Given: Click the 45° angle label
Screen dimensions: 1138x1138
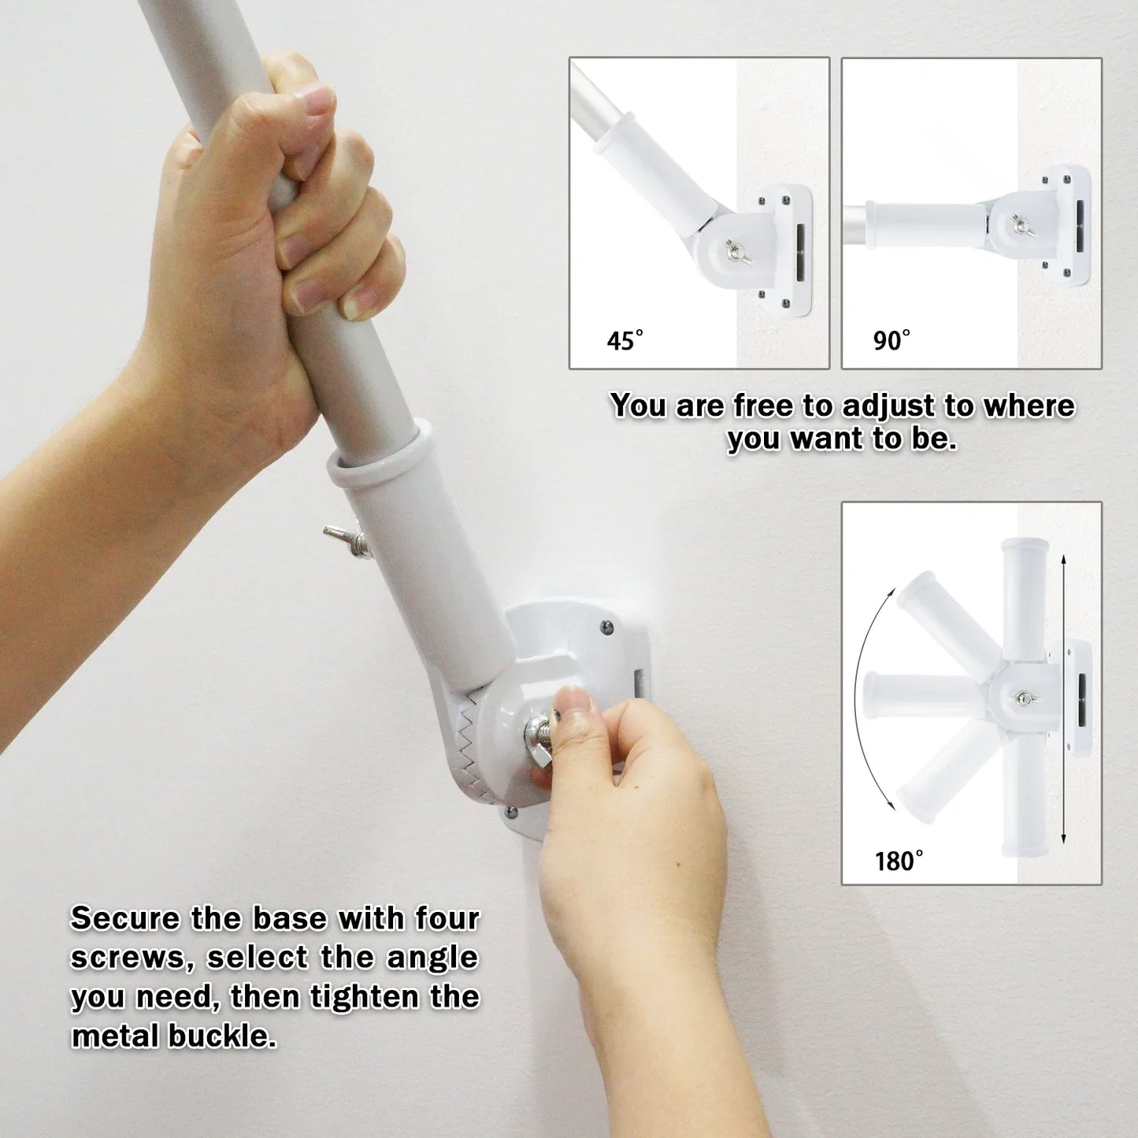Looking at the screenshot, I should point(625,340).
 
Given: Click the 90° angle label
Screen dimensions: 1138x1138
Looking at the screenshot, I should point(891,340).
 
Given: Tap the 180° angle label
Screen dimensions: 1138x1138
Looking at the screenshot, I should point(899,861).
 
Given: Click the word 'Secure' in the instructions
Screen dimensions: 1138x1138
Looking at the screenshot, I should point(125,918).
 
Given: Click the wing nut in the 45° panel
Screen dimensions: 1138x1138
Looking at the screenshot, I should point(739,252).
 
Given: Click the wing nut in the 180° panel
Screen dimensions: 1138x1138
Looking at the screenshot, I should point(1025,698).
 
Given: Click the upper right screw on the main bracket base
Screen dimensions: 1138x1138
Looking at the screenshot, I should point(606,627).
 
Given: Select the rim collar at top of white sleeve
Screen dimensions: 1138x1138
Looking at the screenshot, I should point(378,455).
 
